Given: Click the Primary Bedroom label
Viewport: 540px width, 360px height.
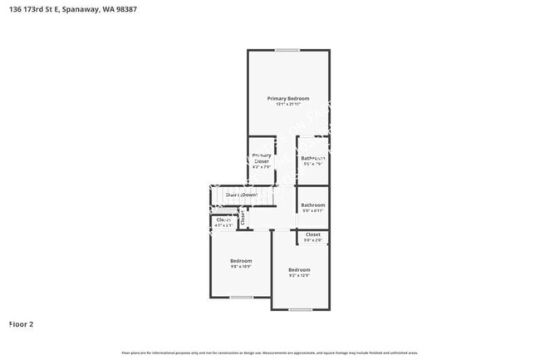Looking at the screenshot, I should pyautogui.click(x=288, y=99).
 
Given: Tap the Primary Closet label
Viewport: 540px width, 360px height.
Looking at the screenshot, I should pyautogui.click(x=262, y=158).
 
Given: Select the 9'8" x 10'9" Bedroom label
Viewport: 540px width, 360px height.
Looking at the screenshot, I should pyautogui.click(x=241, y=261).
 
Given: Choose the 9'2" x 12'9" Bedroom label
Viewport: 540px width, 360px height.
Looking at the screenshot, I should pyautogui.click(x=299, y=269).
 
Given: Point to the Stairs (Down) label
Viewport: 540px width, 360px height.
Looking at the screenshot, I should pyautogui.click(x=241, y=195).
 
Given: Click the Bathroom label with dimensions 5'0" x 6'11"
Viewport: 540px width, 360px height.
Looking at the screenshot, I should pyautogui.click(x=313, y=205).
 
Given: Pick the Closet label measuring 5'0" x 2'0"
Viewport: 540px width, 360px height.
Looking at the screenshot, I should pyautogui.click(x=313, y=234).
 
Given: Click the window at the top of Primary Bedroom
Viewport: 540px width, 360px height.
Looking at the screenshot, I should pyautogui.click(x=287, y=50).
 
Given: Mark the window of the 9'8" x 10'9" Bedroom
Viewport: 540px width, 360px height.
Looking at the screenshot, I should pyautogui.click(x=241, y=297).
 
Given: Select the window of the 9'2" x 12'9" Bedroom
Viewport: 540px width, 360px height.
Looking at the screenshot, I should pyautogui.click(x=300, y=309).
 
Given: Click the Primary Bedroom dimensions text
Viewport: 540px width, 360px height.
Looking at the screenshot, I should pyautogui.click(x=288, y=105).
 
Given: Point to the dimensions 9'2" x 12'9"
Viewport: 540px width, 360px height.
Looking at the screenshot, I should pyautogui.click(x=299, y=275).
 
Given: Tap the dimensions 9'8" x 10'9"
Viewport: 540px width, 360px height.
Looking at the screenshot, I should pyautogui.click(x=241, y=267).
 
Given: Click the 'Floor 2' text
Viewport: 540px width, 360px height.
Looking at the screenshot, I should pyautogui.click(x=21, y=323).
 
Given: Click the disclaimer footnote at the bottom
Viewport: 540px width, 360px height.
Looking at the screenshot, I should pyautogui.click(x=270, y=353).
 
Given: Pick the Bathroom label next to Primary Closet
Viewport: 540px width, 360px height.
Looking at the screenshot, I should pyautogui.click(x=313, y=158).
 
